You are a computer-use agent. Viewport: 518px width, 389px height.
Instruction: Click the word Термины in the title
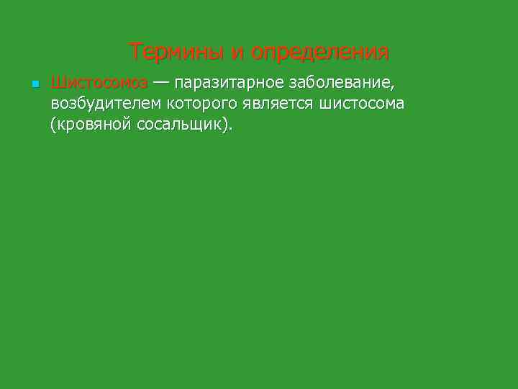pos(176,52)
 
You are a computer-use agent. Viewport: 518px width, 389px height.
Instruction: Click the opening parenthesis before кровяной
pos(53,125)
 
